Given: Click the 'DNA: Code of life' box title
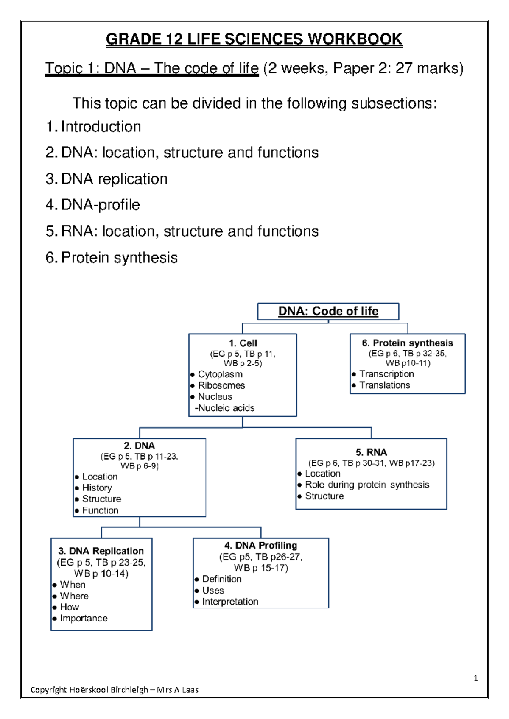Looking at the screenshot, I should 328,311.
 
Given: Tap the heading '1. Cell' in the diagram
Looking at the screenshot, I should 243,343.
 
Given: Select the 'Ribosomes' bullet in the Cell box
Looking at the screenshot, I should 221,385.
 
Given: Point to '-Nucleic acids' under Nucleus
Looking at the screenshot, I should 224,408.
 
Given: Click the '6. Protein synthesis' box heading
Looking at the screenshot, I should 407,343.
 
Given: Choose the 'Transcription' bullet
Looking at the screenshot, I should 386,374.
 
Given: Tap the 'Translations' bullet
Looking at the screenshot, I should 385,385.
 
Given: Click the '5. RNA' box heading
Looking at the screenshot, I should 371,452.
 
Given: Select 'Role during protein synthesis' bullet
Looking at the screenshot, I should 367,485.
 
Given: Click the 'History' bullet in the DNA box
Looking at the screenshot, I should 97,488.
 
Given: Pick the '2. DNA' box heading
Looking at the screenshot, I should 139,446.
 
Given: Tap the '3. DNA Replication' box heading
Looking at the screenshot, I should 101,551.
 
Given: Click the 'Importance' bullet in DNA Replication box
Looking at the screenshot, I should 84,618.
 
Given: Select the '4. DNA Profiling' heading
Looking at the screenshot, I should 260,545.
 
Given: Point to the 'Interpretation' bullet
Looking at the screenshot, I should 230,601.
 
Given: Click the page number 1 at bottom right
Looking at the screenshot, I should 475,678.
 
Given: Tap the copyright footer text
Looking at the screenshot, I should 115,690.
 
